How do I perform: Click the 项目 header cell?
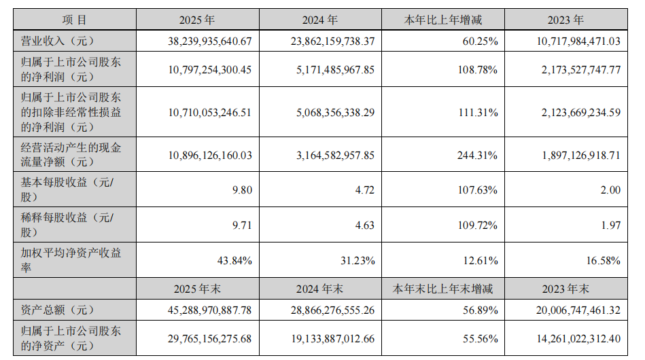(75, 21)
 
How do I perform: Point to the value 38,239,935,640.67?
(209, 41)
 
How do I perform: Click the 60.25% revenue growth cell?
(481, 41)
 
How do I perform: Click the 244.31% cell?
(478, 156)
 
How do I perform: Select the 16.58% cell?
(602, 261)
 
